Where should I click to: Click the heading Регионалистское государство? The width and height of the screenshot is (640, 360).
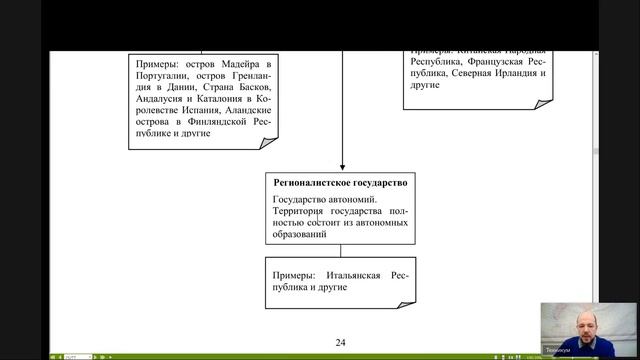(x=341, y=183)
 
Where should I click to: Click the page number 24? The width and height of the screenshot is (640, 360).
(x=341, y=342)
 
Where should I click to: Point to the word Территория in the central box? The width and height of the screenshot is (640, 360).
(x=298, y=213)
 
